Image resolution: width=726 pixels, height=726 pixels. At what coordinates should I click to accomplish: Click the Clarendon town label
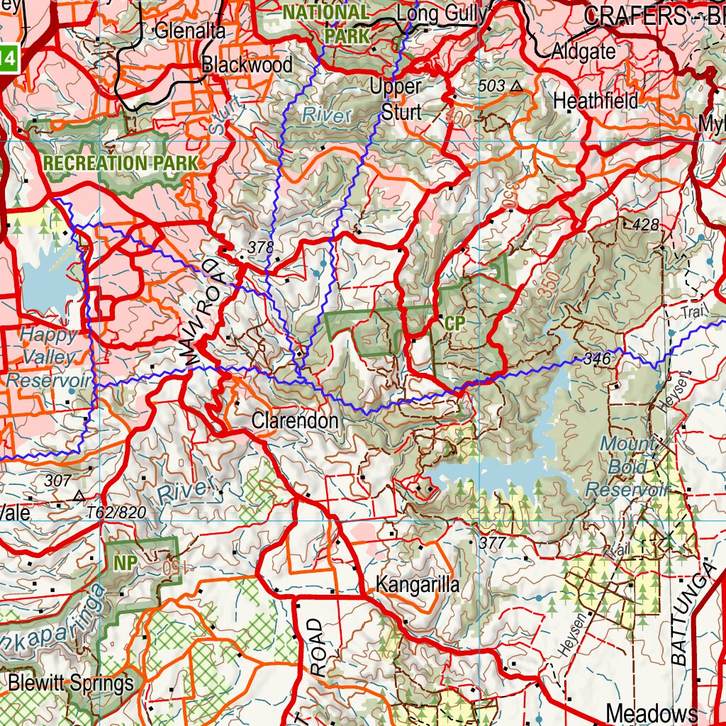(x=295, y=421)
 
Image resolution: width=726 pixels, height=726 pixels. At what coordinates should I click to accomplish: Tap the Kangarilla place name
(x=418, y=585)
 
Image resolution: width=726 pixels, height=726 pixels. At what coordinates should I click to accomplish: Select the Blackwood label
(x=247, y=65)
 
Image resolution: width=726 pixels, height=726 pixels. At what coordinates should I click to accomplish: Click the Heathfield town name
(x=596, y=101)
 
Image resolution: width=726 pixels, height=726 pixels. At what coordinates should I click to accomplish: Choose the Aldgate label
(x=583, y=51)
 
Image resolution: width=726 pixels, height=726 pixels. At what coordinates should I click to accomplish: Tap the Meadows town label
(x=652, y=713)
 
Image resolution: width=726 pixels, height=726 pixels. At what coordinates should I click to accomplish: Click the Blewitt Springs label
(x=71, y=684)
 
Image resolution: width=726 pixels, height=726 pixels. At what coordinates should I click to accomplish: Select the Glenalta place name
(x=189, y=31)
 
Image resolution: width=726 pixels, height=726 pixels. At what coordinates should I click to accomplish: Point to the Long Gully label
(x=442, y=14)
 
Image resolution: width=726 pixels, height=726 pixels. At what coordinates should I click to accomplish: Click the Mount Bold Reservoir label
(x=627, y=467)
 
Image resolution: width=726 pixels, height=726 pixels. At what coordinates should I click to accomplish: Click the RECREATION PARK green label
(x=121, y=163)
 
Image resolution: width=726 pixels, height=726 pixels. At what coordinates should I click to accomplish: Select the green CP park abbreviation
(x=454, y=323)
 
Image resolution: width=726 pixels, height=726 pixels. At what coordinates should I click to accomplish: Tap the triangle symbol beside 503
(x=516, y=86)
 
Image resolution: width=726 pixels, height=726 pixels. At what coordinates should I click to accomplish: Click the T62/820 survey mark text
(x=116, y=512)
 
